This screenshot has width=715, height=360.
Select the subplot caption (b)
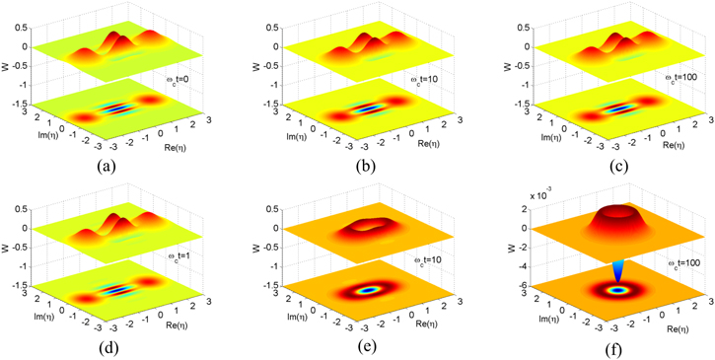point(352,168)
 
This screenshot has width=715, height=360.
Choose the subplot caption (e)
point(352,346)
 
